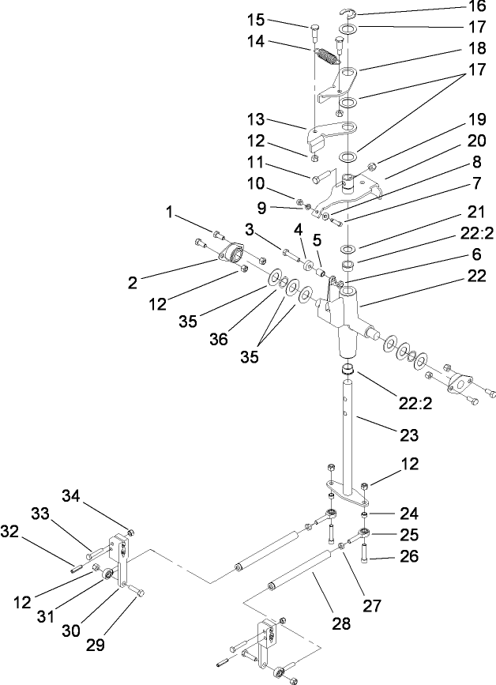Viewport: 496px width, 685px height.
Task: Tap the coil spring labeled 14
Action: (325, 58)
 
